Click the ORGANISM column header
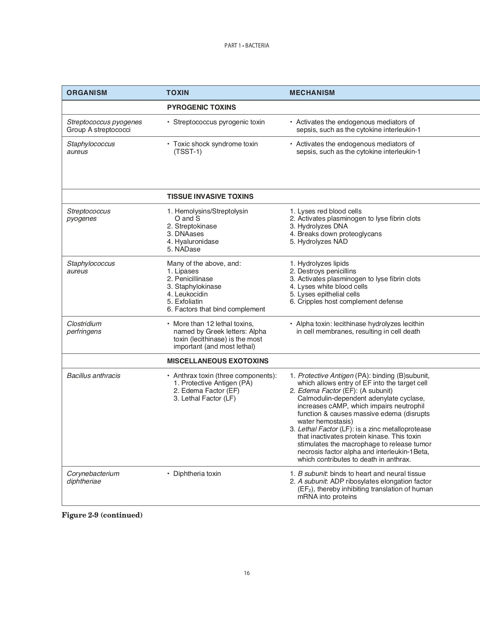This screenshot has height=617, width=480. (87, 93)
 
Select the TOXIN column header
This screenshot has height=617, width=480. (178, 93)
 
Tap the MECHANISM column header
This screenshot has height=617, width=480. (312, 93)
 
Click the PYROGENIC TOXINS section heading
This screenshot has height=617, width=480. (201, 107)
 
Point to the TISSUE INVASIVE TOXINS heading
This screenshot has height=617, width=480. (210, 197)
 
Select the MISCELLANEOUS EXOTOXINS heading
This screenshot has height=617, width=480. (218, 361)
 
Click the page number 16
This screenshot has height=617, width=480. (247, 573)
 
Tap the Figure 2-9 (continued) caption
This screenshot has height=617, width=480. (102, 515)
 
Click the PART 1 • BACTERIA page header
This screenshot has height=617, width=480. (247, 46)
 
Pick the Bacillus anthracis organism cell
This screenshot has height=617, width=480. (94, 376)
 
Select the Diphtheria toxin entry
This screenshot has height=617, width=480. (197, 474)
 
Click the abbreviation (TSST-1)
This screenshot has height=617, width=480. (188, 152)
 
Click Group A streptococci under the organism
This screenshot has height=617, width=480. (99, 130)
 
